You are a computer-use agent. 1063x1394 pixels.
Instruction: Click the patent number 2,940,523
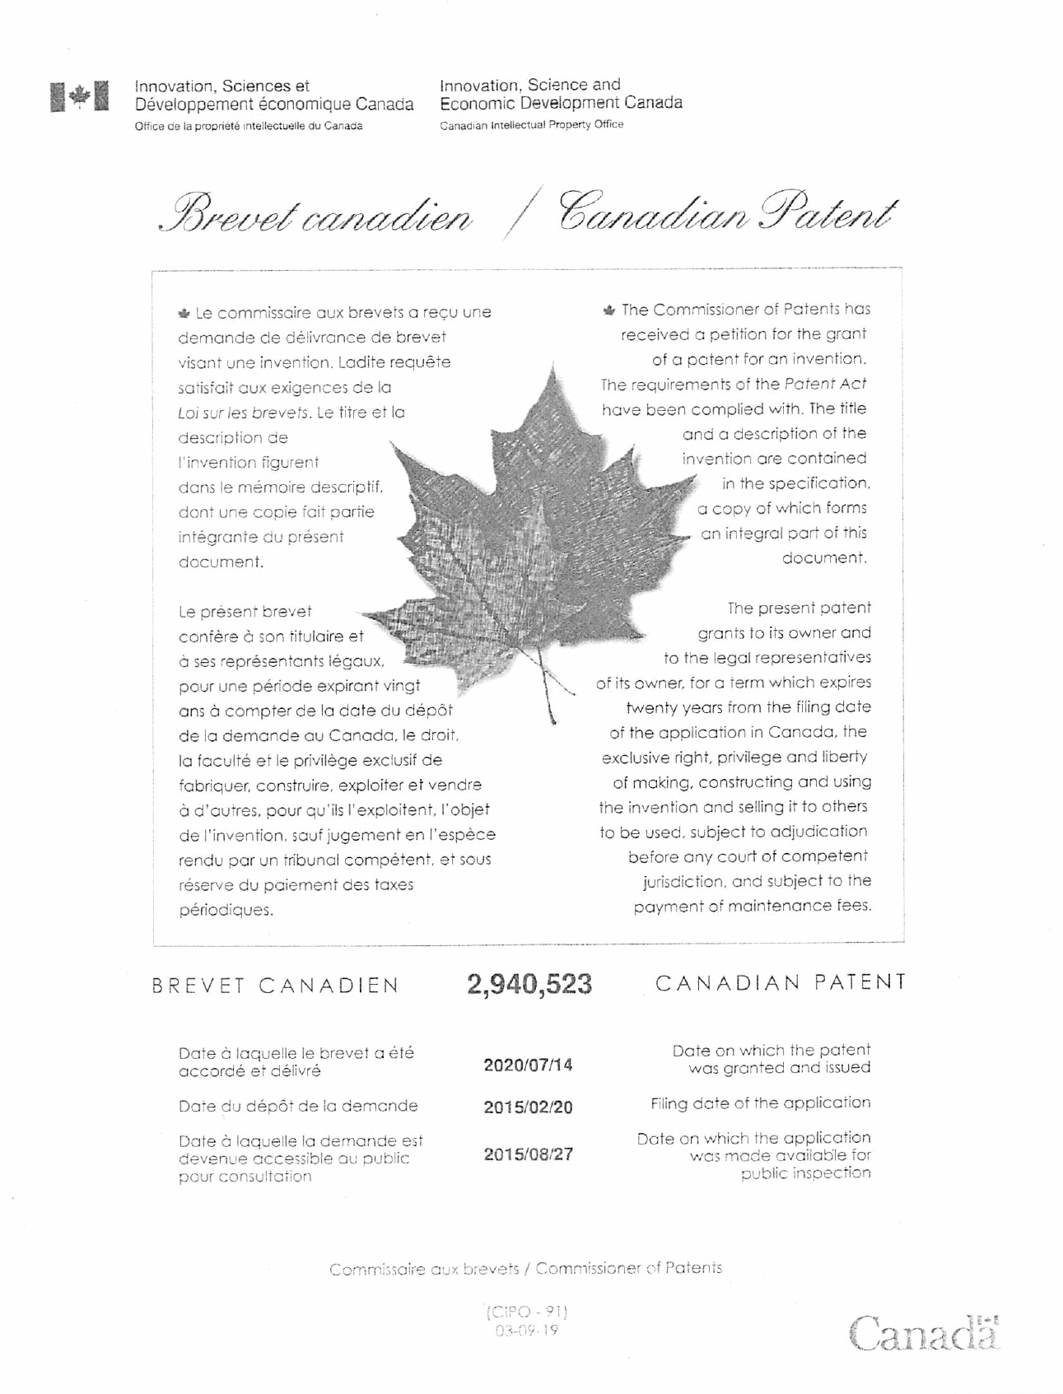[x=529, y=984]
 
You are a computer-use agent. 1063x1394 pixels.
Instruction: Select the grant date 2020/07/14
[x=528, y=1065]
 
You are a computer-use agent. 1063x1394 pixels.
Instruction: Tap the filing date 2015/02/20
[x=528, y=1107]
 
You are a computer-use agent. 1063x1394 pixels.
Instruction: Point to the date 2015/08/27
[x=528, y=1154]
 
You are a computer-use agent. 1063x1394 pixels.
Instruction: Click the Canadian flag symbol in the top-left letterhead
[x=79, y=96]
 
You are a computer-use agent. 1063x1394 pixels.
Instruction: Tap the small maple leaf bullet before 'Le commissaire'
[x=184, y=313]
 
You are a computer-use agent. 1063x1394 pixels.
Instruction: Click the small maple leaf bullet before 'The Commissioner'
[x=608, y=310]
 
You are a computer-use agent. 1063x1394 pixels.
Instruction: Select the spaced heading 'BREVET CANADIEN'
[x=276, y=986]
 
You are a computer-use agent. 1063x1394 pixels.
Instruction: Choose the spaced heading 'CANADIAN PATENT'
[x=781, y=982]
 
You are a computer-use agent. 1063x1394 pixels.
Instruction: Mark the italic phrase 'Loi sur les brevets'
[x=244, y=413]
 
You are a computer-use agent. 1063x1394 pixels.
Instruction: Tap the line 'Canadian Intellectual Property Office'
[x=531, y=124]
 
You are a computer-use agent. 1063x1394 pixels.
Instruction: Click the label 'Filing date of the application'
[x=760, y=1103]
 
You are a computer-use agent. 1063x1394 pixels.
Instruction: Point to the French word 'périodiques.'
[x=226, y=910]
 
